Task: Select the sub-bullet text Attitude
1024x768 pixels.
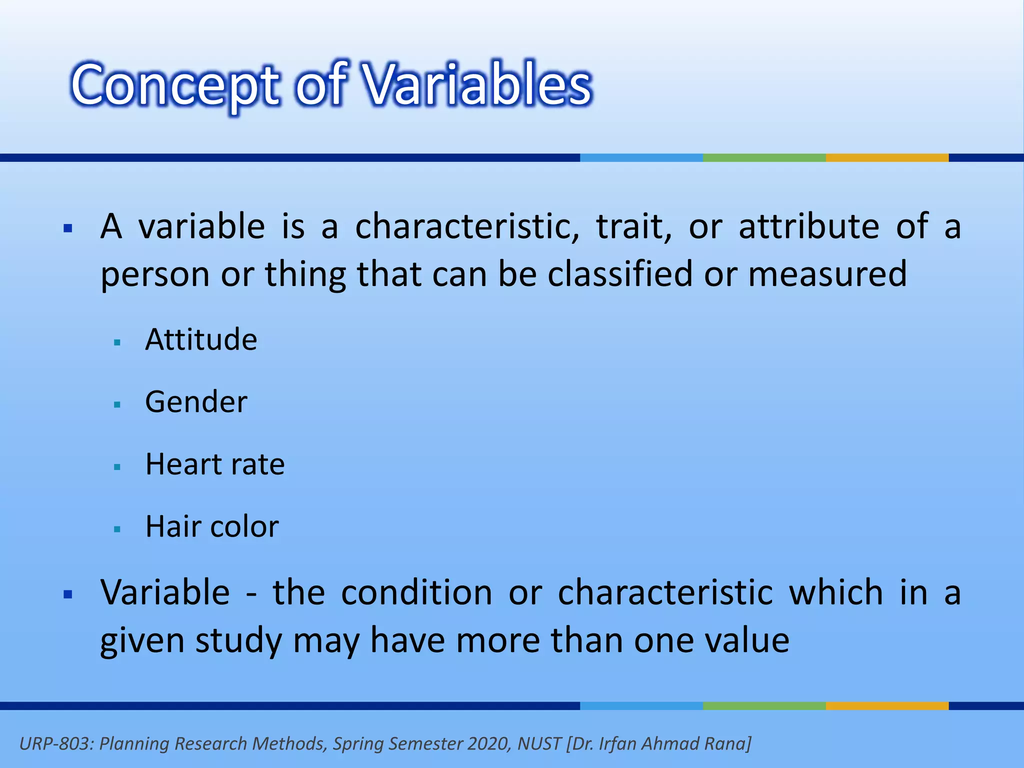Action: coord(201,340)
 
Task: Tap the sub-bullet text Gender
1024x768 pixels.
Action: coord(196,402)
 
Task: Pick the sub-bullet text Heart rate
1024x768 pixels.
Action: coord(215,464)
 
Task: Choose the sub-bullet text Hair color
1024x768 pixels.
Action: coord(212,526)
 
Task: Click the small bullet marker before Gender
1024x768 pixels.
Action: coord(117,404)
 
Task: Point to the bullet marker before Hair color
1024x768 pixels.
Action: coord(117,529)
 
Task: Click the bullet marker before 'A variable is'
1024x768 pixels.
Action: coord(68,229)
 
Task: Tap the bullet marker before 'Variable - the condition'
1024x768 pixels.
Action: coord(68,594)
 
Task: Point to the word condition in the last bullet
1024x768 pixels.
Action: coord(417,592)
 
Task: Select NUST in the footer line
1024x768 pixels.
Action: coord(539,744)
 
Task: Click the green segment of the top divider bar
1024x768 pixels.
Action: coord(764,157)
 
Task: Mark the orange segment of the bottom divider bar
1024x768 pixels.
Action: coord(887,706)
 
